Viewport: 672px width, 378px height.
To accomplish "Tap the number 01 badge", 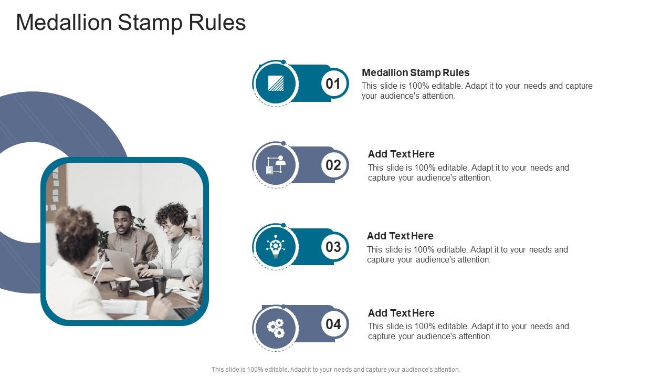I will pyautogui.click(x=333, y=83).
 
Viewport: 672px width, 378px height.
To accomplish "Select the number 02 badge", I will pyautogui.click(x=333, y=165).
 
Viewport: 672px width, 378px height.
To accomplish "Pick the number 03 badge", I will pyautogui.click(x=333, y=247).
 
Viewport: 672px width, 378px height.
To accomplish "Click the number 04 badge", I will pyautogui.click(x=333, y=324).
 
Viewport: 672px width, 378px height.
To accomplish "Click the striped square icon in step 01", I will pyautogui.click(x=276, y=83).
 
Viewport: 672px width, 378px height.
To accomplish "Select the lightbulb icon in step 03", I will pyautogui.click(x=276, y=247).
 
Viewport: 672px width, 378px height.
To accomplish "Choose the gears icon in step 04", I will pyautogui.click(x=276, y=328).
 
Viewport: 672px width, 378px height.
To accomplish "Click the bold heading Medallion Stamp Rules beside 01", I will pyautogui.click(x=415, y=72).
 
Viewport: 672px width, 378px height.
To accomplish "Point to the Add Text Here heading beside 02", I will pyautogui.click(x=401, y=154).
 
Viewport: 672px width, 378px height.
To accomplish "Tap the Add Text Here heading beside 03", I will pyautogui.click(x=400, y=236).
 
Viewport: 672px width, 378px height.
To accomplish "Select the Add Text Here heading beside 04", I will pyautogui.click(x=401, y=313).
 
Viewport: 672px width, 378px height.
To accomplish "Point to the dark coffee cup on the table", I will pyautogui.click(x=123, y=286).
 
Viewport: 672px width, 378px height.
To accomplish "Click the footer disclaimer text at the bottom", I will pyautogui.click(x=335, y=370).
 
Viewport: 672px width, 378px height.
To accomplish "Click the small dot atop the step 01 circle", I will pyautogui.click(x=283, y=62).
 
